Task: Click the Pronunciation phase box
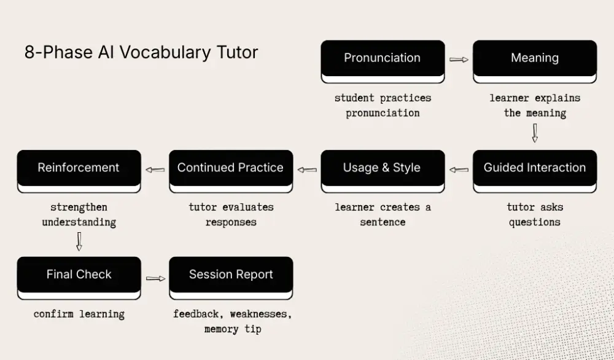383,59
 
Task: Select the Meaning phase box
535,59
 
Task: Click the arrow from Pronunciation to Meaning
459,60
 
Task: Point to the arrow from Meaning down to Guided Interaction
535,133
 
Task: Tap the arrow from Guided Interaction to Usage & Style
459,170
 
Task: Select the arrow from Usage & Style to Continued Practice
307,170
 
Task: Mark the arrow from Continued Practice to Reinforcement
155,170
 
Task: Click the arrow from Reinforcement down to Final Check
79,241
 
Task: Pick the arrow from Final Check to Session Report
156,278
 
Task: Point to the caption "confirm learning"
79,314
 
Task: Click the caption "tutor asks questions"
535,214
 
